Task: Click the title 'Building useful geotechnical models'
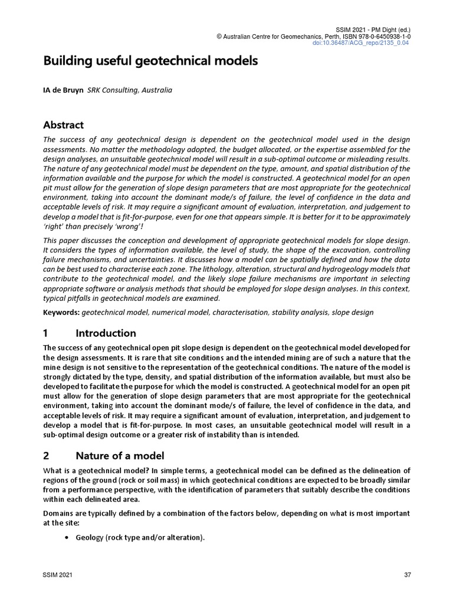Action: (x=150, y=61)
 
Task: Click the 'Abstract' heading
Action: (x=64, y=125)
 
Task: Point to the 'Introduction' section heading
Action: (x=106, y=333)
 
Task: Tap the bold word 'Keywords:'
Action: (x=61, y=312)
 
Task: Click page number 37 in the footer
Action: (x=406, y=575)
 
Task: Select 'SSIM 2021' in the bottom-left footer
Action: (x=55, y=575)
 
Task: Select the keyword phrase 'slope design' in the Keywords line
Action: (x=352, y=312)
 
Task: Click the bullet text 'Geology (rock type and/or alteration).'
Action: (x=140, y=537)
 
